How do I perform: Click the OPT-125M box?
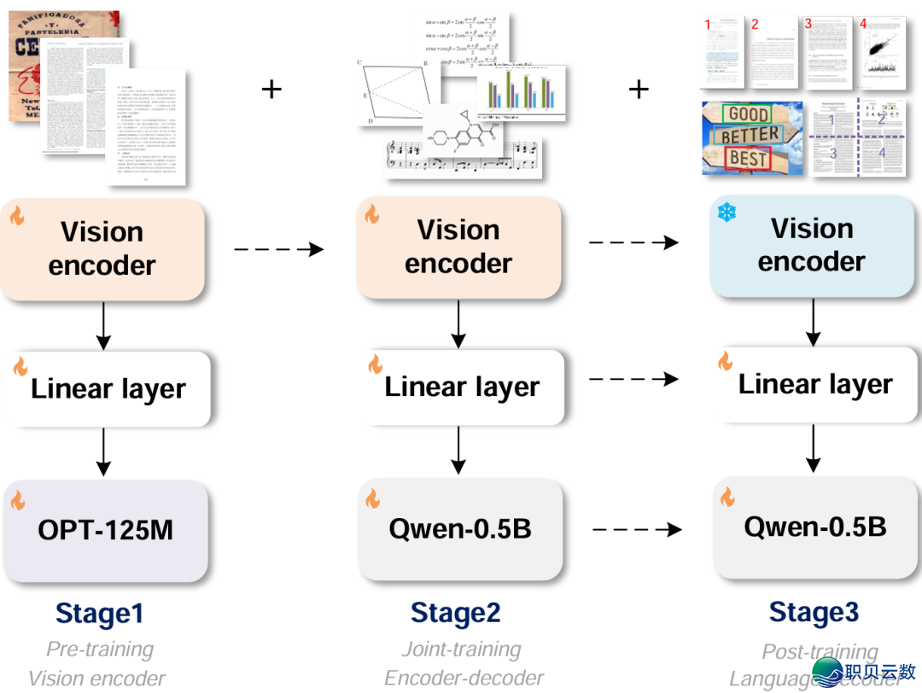pyautogui.click(x=105, y=529)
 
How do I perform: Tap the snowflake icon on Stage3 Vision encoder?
pyautogui.click(x=726, y=213)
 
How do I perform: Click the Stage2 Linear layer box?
pyautogui.click(x=461, y=387)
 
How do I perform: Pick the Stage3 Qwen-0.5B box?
pyautogui.click(x=814, y=527)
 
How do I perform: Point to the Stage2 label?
pyautogui.click(x=455, y=613)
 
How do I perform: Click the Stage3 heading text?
pyautogui.click(x=814, y=612)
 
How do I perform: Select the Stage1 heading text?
pyautogui.click(x=99, y=614)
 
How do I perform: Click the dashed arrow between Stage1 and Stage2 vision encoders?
pyautogui.click(x=278, y=249)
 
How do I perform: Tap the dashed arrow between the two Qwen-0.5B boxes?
pyautogui.click(x=637, y=530)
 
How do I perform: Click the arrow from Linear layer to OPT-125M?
pyautogui.click(x=103, y=451)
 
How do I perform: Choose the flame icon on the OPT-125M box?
pyautogui.click(x=18, y=500)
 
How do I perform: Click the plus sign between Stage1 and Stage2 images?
pyautogui.click(x=271, y=89)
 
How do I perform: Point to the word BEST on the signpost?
pyautogui.click(x=748, y=159)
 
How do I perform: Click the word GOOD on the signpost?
pyautogui.click(x=749, y=114)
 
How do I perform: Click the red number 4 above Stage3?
pyautogui.click(x=863, y=24)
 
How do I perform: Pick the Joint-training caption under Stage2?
pyautogui.click(x=461, y=649)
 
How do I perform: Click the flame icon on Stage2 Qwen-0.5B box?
pyautogui.click(x=372, y=498)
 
